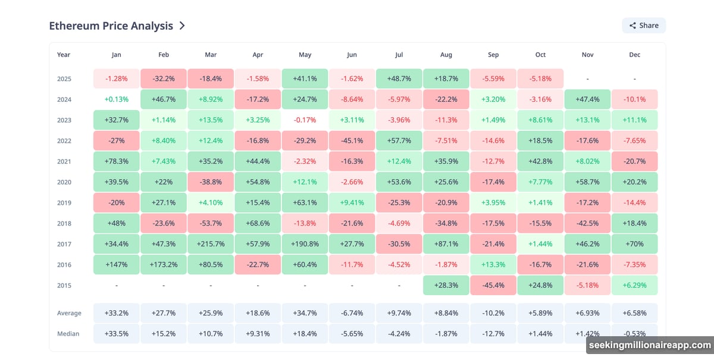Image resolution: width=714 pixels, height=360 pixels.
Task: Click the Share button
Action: click(x=643, y=26)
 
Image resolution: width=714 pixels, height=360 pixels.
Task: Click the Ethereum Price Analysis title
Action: click(x=111, y=26)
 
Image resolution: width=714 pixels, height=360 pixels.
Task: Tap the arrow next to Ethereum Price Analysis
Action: click(x=182, y=26)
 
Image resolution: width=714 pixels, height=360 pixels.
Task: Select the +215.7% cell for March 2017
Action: click(x=211, y=244)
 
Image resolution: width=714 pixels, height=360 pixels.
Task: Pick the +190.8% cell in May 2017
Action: click(x=305, y=244)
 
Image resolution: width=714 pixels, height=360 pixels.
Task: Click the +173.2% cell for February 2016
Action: click(x=164, y=265)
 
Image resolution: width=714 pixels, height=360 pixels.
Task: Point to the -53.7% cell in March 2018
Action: click(x=211, y=223)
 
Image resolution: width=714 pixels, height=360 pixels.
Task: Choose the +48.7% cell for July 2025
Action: click(x=399, y=79)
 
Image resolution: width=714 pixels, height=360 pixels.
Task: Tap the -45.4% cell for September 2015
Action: click(x=493, y=285)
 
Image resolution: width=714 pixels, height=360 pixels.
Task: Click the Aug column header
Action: click(x=446, y=55)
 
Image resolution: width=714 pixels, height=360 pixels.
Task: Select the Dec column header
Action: click(x=634, y=55)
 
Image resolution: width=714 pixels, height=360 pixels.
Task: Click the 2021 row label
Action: click(x=64, y=161)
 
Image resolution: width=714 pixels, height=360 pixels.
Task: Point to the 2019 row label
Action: click(x=64, y=203)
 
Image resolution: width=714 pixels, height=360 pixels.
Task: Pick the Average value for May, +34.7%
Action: click(x=305, y=313)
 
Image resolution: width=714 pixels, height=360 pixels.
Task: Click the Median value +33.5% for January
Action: click(x=117, y=333)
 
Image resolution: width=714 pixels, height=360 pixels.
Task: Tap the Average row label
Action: click(x=69, y=313)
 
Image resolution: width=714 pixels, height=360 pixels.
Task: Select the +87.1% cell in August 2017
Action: click(x=446, y=244)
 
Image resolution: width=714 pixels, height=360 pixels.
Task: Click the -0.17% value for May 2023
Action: click(x=305, y=120)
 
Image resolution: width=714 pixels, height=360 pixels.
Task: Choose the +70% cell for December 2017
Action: click(x=634, y=244)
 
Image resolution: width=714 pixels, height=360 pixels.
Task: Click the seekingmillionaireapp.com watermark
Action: click(x=649, y=345)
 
